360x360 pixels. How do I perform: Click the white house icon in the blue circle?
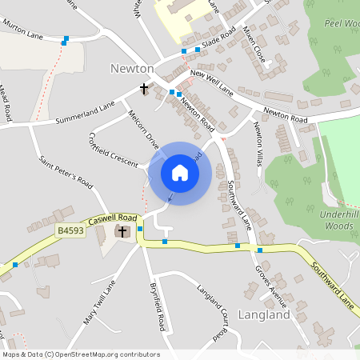[179, 173]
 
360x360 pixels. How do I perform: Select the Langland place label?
[263, 315]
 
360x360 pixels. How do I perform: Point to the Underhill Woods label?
[330, 221]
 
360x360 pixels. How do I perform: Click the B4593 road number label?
[70, 230]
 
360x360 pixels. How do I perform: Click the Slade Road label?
[218, 38]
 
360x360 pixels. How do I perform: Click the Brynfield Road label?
[157, 307]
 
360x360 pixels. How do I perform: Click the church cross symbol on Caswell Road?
[123, 232]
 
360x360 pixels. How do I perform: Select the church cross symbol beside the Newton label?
[145, 88]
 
